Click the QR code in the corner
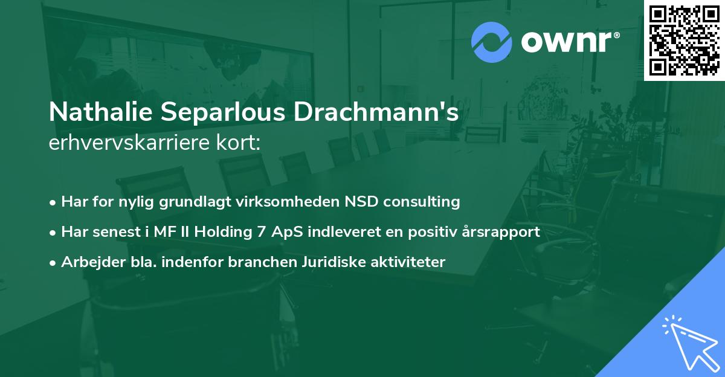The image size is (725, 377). (684, 40)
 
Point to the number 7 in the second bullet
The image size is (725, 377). (261, 232)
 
